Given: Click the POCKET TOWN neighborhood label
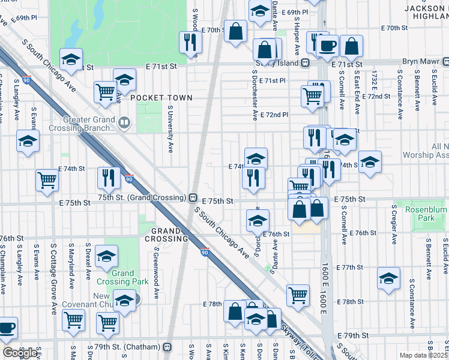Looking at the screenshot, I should pos(161,98).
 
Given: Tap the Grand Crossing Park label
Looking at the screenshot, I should pos(122,277).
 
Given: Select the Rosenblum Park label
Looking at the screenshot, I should pos(426,214).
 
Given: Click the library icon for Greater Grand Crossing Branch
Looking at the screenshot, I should pos(124,123).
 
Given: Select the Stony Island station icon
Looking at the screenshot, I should pos(306,62).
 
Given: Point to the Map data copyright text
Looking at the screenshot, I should pos(423,355).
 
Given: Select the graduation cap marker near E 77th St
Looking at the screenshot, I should pos(388,278).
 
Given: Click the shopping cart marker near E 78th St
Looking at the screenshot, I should pos(298,295).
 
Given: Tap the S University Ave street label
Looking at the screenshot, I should pos(170,128).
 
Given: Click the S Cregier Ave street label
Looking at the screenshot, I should pos(394,225).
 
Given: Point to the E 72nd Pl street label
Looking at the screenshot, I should pos(274,114).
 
